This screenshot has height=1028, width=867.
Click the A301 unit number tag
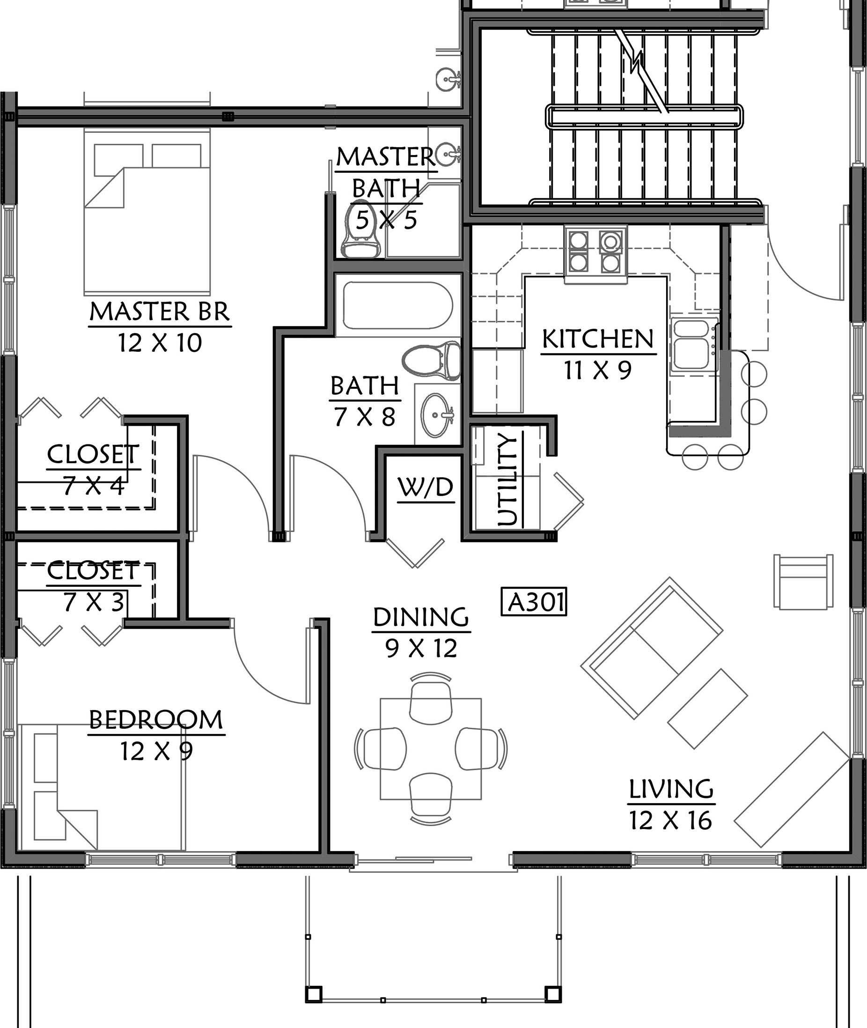(534, 601)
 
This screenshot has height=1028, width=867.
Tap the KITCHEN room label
(598, 339)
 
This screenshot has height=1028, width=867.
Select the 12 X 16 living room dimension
(670, 821)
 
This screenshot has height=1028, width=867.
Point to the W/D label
(426, 487)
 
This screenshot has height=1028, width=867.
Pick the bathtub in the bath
(397, 305)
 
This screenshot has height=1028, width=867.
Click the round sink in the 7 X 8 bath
(436, 415)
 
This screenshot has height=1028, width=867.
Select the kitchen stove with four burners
(595, 253)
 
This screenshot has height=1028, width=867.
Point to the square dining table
(431, 749)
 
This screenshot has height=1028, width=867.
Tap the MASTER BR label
(160, 312)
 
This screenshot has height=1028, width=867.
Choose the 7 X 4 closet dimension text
(93, 486)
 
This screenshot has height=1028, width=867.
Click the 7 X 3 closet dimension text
(93, 602)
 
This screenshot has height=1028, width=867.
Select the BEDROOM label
(156, 720)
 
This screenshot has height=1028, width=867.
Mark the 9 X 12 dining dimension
(421, 648)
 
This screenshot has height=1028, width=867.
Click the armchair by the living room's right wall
(804, 582)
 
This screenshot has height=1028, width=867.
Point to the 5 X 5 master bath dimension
(386, 219)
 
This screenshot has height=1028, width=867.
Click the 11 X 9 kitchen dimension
(598, 370)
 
